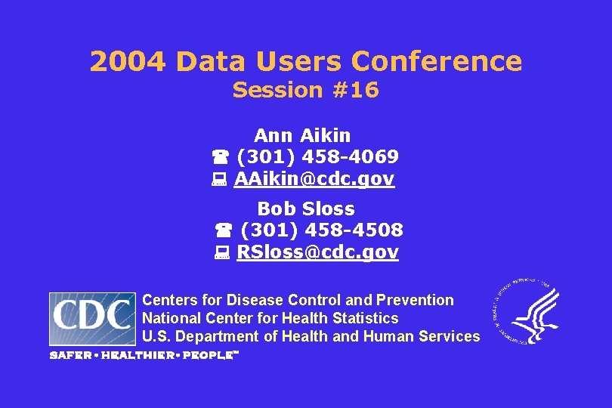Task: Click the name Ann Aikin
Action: [302, 136]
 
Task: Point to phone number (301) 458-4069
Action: [317, 157]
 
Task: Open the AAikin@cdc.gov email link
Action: [314, 179]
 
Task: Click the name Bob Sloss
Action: [306, 209]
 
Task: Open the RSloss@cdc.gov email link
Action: [317, 252]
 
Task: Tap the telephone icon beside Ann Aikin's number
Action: [220, 158]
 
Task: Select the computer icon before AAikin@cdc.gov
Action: [220, 180]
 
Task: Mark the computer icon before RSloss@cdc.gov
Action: [223, 253]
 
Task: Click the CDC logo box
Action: [93, 319]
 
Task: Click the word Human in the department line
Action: [391, 337]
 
